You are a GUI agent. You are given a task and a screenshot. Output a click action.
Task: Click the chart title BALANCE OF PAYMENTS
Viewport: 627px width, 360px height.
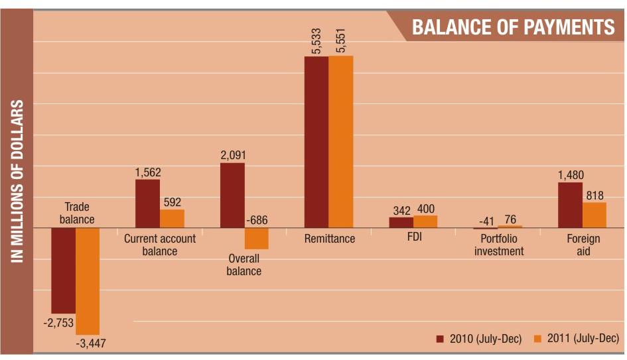[513, 27]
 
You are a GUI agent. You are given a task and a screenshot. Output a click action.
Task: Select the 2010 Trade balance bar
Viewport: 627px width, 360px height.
[64, 270]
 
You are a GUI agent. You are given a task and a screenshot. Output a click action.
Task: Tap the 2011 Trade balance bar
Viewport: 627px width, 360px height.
[88, 280]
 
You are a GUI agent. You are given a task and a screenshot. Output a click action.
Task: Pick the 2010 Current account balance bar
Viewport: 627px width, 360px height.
[147, 204]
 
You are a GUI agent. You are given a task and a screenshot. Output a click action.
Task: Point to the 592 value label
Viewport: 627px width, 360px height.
[172, 202]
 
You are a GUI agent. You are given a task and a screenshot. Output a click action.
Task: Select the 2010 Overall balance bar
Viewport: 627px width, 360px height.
[232, 195]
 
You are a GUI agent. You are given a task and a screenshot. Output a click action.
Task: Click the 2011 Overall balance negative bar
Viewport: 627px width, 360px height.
[256, 238]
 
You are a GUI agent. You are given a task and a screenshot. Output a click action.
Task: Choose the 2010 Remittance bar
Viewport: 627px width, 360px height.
[316, 142]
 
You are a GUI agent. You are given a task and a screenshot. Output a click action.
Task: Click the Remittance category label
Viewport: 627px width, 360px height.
[330, 239]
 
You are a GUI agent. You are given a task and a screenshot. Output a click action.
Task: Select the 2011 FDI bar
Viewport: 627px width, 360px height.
[425, 221]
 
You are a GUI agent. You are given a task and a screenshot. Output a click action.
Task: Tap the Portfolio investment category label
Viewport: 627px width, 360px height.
[498, 245]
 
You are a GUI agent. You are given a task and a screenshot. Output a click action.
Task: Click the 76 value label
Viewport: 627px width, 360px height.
[510, 219]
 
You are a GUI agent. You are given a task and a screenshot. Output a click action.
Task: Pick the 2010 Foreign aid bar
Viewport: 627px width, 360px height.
[570, 205]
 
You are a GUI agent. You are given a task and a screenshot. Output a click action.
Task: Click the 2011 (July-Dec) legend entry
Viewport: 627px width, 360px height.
[577, 339]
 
